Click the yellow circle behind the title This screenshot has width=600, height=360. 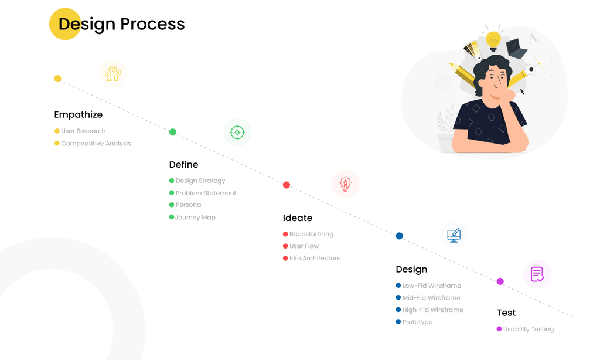click(65, 23)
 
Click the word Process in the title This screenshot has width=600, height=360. click(152, 23)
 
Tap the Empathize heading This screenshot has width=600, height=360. click(78, 114)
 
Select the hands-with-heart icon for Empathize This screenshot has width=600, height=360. click(112, 73)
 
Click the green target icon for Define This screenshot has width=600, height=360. click(237, 133)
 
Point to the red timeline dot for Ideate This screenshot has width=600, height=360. click(286, 185)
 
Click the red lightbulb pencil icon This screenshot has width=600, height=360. click(345, 184)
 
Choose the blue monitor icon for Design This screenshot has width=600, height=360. click(454, 235)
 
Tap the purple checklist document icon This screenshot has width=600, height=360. click(537, 274)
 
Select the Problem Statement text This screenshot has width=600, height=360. click(206, 193)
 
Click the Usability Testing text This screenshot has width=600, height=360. click(528, 329)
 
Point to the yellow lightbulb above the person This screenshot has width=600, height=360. click(493, 40)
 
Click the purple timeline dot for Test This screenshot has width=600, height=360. click(500, 281)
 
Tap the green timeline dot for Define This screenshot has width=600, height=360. click(173, 132)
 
